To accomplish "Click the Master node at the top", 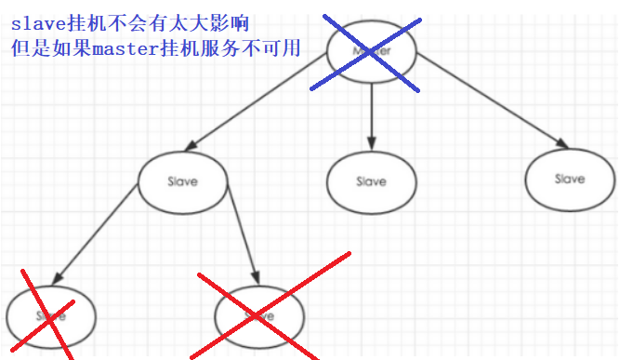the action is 371,52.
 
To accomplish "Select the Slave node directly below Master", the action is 371,180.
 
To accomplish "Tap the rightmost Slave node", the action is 569,178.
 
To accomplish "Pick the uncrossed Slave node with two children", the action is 182,180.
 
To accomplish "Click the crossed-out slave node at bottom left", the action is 50,315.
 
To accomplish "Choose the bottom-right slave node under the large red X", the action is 259,316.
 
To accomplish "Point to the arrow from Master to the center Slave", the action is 371,116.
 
